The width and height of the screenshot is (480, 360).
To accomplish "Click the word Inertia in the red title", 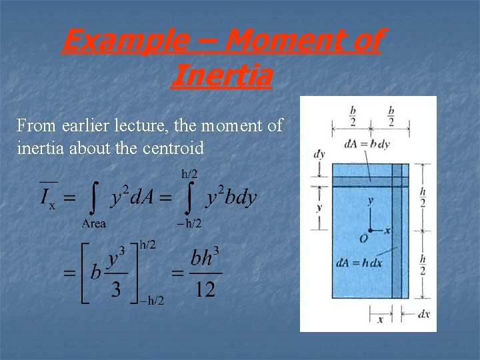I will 221,75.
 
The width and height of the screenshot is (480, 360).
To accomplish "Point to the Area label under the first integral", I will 93,223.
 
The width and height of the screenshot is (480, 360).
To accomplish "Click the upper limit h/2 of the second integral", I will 190,174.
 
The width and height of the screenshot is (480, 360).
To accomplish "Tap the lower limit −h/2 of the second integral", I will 189,223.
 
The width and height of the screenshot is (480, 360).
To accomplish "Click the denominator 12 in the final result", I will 205,291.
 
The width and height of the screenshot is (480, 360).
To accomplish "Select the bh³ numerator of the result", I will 205,257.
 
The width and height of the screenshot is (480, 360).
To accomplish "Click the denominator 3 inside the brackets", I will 115,291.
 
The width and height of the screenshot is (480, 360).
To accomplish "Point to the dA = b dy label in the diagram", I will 367,142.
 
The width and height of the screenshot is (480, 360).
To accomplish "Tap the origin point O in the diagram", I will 363,238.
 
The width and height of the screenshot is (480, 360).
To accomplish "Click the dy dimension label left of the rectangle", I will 319,154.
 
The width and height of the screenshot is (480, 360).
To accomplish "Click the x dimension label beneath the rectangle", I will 380,320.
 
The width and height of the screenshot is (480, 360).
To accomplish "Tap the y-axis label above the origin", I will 371,200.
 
